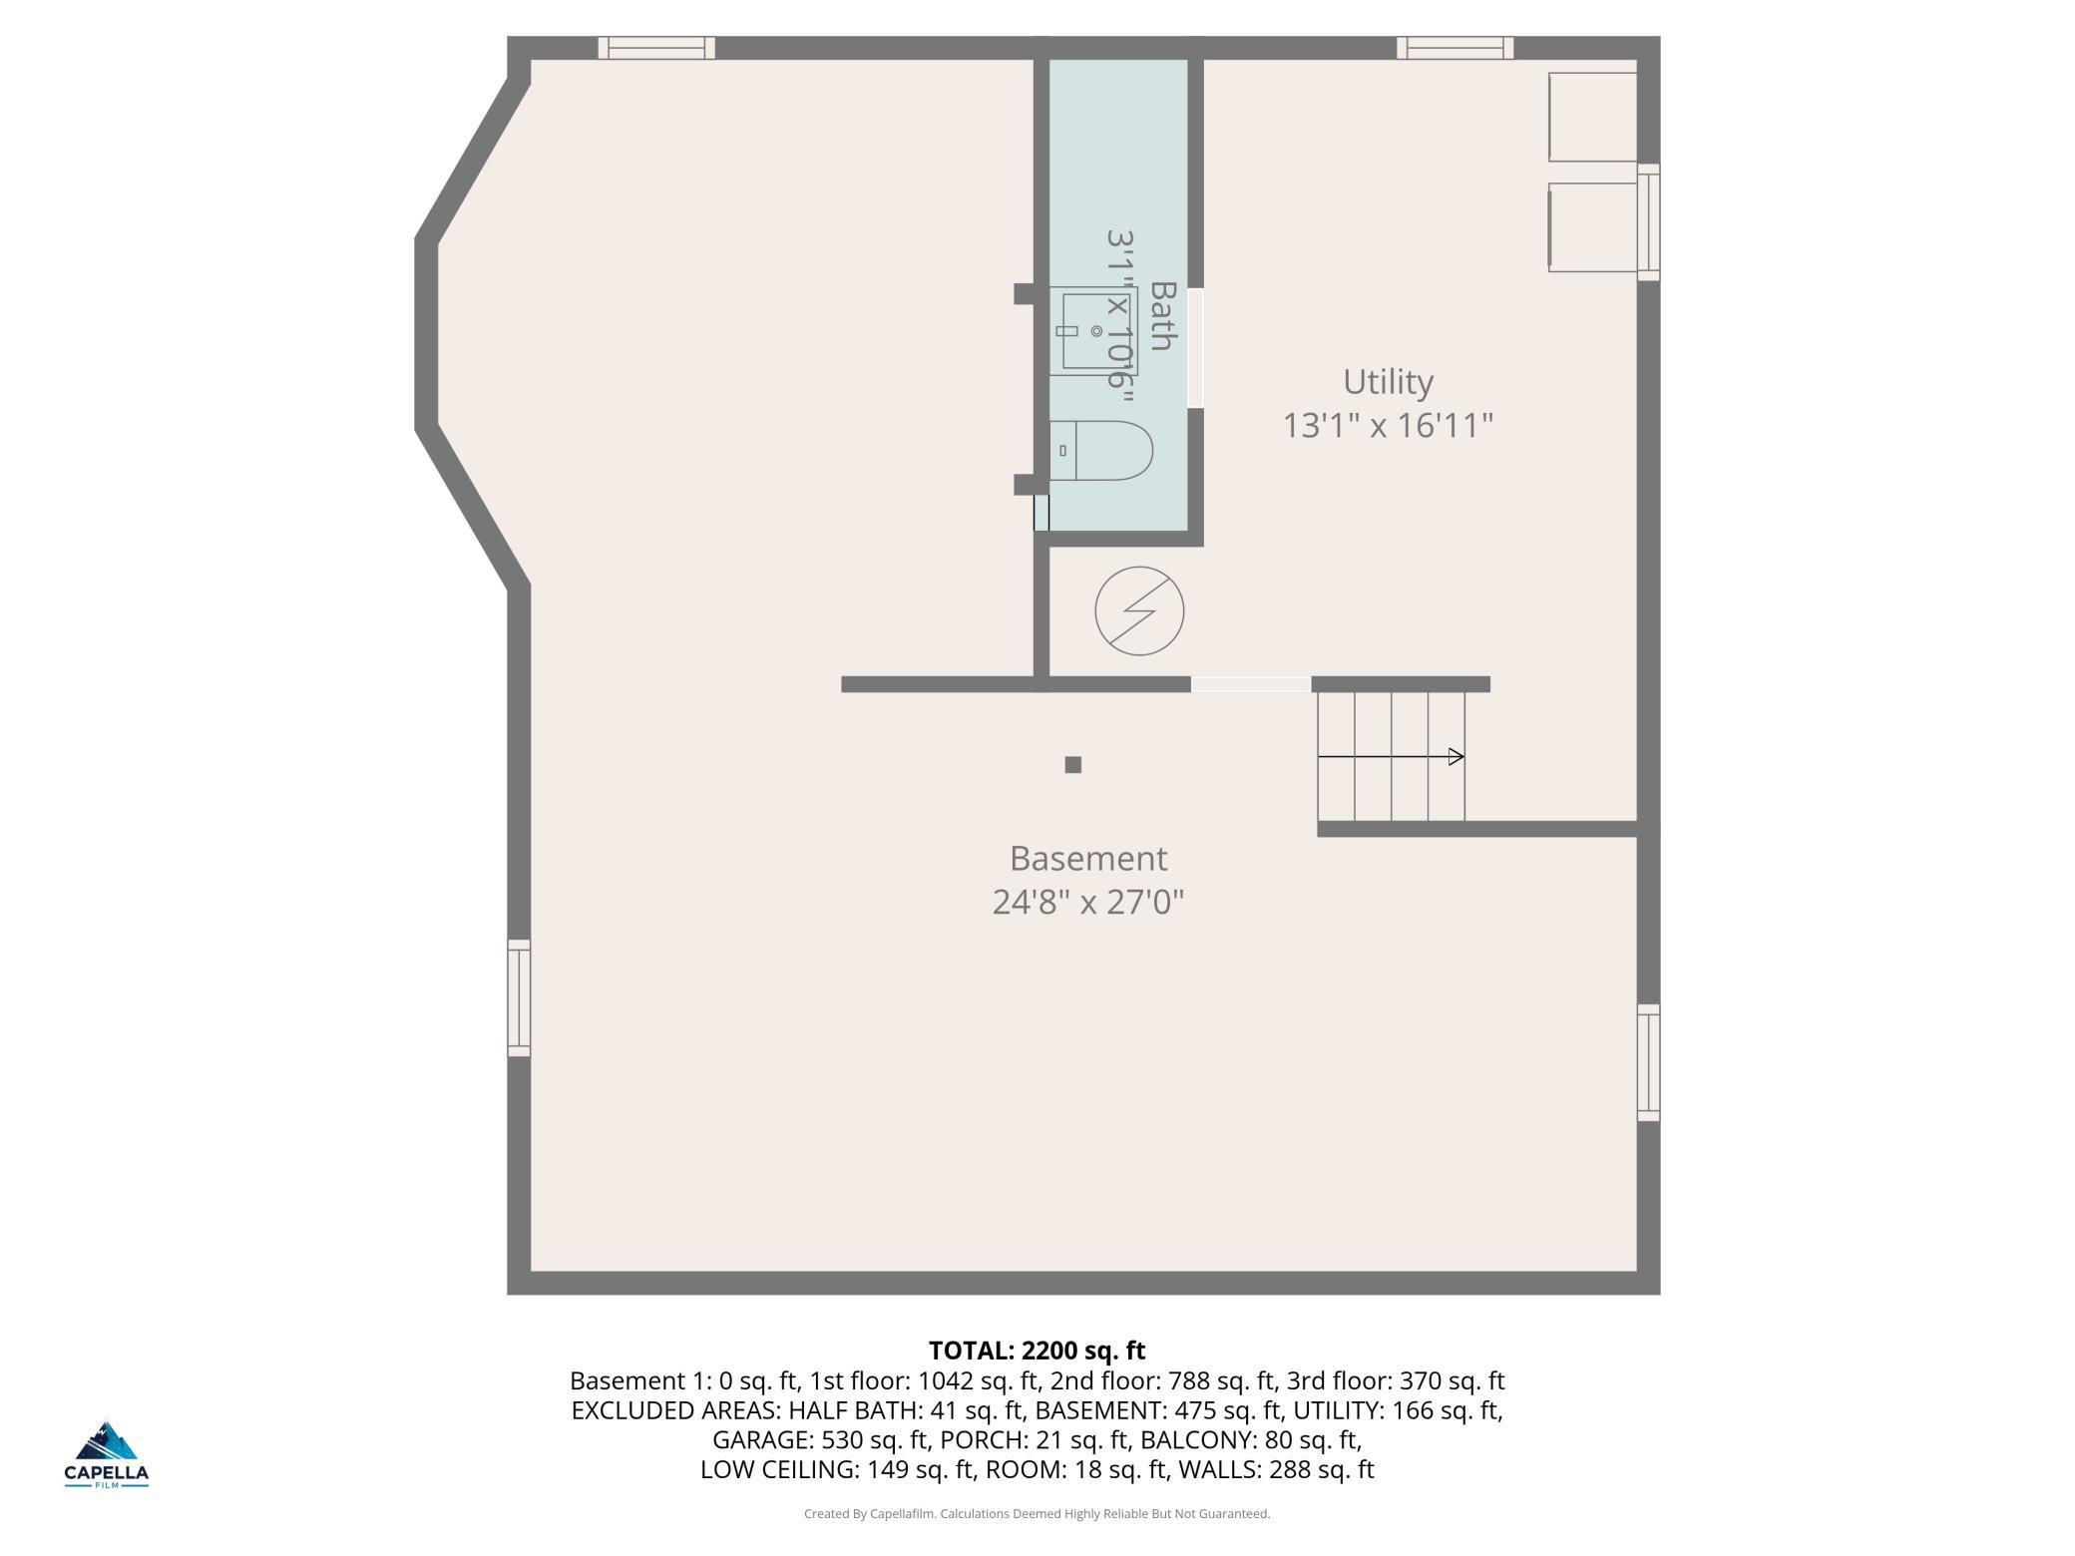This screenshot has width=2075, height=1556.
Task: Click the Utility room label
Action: [x=1388, y=383]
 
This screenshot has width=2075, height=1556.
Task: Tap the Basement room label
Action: [x=1087, y=859]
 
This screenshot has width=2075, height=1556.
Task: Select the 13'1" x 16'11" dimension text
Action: [x=1388, y=426]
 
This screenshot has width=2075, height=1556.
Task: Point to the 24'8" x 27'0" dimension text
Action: [x=1087, y=903]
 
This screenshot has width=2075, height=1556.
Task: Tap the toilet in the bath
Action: [x=1100, y=450]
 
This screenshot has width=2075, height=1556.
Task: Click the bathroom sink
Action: [x=1093, y=331]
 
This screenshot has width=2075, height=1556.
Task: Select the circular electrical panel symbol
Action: [x=1139, y=611]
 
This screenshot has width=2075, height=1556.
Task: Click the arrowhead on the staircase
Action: [x=1456, y=757]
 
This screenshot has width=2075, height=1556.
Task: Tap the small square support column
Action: [x=1073, y=765]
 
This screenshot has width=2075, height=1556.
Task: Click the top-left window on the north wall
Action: [x=656, y=48]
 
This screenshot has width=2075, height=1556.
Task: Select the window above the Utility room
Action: [x=1454, y=48]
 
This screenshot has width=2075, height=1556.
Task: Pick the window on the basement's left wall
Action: [x=519, y=997]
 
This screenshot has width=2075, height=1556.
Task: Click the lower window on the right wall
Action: [x=1648, y=1062]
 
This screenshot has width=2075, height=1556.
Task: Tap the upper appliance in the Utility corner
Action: [x=1593, y=117]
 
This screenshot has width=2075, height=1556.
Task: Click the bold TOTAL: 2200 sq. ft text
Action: [x=1037, y=1351]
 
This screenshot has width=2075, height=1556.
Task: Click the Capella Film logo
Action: [x=107, y=1454]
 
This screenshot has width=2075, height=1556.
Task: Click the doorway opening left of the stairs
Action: [x=1251, y=684]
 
